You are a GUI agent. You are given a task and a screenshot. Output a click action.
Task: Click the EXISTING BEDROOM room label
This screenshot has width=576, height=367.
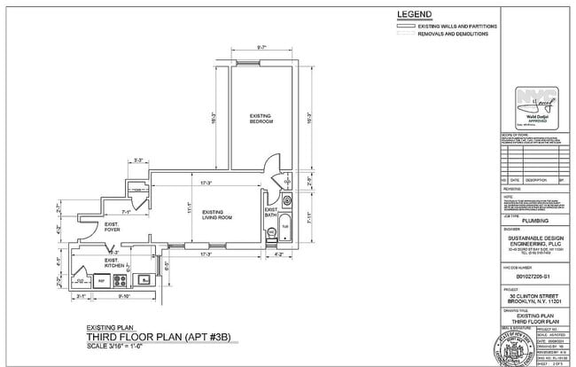click(x=261, y=118)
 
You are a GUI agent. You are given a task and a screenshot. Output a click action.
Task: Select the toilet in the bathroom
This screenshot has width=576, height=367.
click(x=271, y=233)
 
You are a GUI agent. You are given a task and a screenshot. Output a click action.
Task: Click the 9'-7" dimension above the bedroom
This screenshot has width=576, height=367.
click(x=261, y=47)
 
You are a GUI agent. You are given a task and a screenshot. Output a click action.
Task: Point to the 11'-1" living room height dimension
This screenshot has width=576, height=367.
click(x=189, y=211)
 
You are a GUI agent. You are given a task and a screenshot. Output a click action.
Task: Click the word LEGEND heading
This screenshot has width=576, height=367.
click(x=415, y=14)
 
